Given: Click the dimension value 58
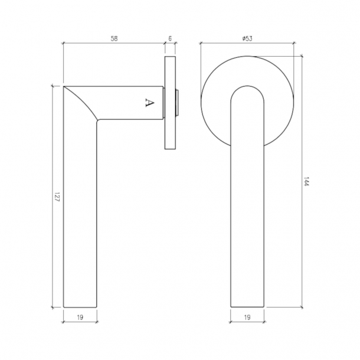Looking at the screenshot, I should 114,38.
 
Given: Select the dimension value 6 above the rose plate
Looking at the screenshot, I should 170,38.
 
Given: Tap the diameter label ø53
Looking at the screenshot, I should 248,38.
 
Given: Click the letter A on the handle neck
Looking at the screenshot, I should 149,103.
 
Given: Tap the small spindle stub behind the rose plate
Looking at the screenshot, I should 178,103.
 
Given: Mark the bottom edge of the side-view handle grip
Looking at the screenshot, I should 80,307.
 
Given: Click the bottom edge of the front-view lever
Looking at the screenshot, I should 248,307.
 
